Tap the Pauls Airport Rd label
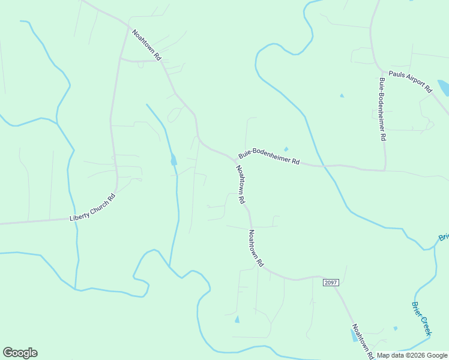click(x=410, y=81)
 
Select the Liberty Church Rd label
click(x=92, y=207)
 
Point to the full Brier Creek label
click(x=421, y=318)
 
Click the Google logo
click(x=20, y=353)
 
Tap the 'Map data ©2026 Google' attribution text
click(x=412, y=355)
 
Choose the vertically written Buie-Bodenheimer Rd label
click(x=382, y=109)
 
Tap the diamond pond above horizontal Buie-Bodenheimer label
click(x=286, y=149)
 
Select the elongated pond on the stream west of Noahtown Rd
click(x=173, y=160)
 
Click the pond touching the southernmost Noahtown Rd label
click(x=353, y=335)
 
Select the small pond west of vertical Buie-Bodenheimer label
click(x=342, y=95)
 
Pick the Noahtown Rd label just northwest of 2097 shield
click(x=256, y=248)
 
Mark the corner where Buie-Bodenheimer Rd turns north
click(x=384, y=169)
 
